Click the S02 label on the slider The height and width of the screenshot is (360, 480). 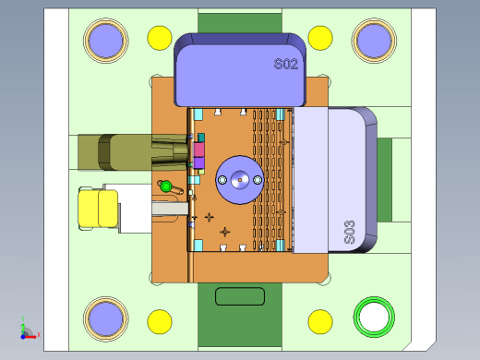point(286,64)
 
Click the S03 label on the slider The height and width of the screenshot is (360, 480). point(350,233)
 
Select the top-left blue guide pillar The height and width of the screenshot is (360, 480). point(106,41)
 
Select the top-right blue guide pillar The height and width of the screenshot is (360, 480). point(374,41)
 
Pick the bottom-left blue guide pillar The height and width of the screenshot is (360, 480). point(106,319)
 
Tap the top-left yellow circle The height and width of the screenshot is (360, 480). point(160,38)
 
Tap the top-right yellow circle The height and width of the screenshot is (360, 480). point(320,38)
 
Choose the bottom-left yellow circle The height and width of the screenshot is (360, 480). point(160,322)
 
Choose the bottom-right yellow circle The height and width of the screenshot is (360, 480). point(320,322)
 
